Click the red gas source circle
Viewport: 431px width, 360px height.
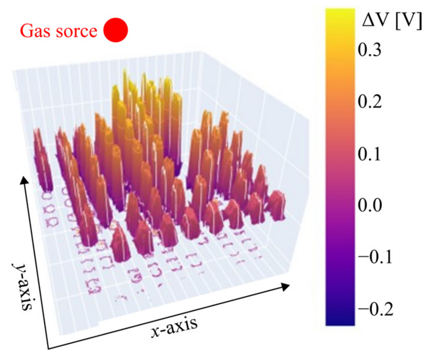pyautogui.click(x=115, y=30)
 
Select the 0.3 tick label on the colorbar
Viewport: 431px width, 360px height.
pyautogui.click(x=369, y=49)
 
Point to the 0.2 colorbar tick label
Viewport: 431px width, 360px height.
pyautogui.click(x=369, y=101)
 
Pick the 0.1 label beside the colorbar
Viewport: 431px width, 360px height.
pyautogui.click(x=369, y=154)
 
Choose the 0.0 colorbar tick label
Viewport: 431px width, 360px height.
pyautogui.click(x=369, y=205)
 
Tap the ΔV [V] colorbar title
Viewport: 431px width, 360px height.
pyautogui.click(x=392, y=21)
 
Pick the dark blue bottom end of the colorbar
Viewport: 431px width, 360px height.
pyautogui.click(x=340, y=321)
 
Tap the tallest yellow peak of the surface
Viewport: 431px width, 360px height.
pyautogui.click(x=125, y=74)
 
